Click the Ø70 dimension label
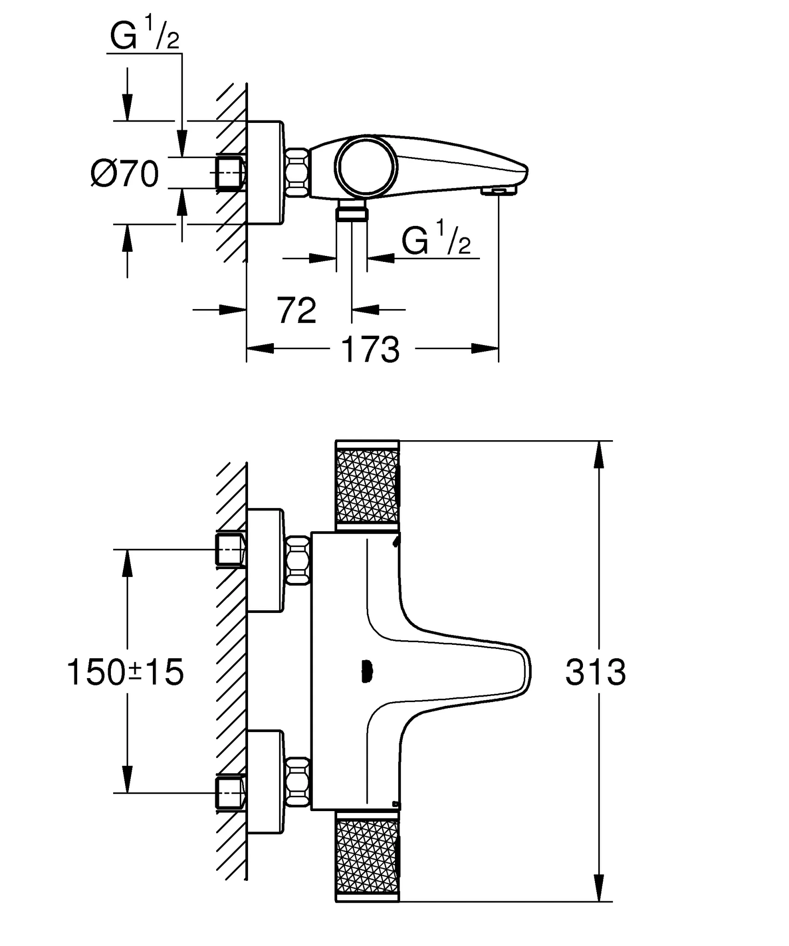pos(125,175)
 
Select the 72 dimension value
pos(297,311)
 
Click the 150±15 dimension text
pos(126,673)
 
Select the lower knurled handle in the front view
pos(367,860)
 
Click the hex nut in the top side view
pos(297,173)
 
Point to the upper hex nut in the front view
pos(297,560)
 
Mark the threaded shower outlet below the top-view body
pos(352,212)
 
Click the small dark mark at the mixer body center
pos(365,672)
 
